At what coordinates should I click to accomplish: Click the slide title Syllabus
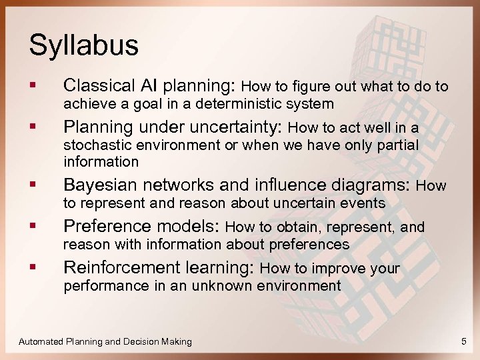(x=83, y=45)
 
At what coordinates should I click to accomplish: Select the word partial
(x=398, y=145)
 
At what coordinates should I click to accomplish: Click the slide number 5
(x=463, y=341)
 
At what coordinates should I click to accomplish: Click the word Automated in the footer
(x=41, y=341)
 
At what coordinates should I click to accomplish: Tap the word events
(x=364, y=203)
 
